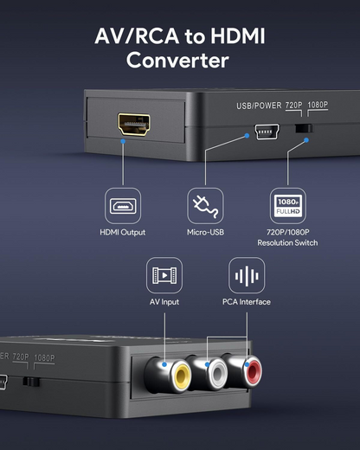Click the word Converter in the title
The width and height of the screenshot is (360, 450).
177,61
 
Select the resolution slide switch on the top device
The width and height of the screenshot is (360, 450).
302,129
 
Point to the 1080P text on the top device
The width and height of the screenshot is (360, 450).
318,106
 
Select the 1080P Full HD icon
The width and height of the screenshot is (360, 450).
287,205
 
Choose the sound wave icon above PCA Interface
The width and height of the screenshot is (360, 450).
246,275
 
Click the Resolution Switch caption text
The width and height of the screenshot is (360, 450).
287,242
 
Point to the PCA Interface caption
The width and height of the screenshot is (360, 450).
246,302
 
